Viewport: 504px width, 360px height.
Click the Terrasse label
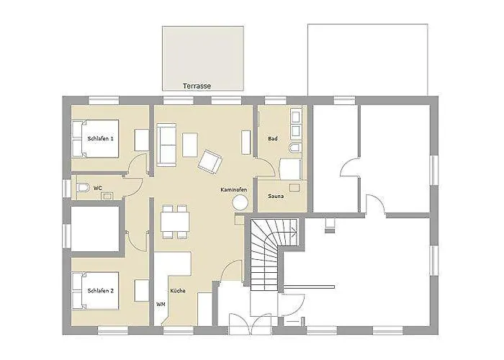pos(197,86)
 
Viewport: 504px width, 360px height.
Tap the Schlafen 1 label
pos(100,138)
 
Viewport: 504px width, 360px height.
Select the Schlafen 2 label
pos(100,291)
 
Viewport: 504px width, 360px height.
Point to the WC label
pos(98,188)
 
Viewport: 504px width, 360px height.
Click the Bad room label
pos(273,138)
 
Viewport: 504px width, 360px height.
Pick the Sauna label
pos(276,196)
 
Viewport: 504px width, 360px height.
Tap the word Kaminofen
pos(234,189)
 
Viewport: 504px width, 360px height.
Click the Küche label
pos(178,291)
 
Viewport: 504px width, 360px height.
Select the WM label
pos(161,304)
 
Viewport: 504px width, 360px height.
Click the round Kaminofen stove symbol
pos(240,203)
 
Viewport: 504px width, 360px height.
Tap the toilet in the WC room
pos(83,187)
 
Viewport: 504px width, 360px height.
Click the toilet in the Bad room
pos(294,148)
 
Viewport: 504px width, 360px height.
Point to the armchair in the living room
pos(210,162)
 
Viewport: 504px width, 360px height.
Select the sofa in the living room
pos(166,145)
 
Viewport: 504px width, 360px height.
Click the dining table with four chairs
pos(175,222)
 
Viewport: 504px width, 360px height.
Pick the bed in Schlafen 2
pos(96,291)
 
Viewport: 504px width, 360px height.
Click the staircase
pos(273,254)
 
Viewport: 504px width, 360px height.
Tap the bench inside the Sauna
pos(294,187)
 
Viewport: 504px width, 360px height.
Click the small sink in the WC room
pos(107,196)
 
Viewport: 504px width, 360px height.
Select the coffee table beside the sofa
pos(190,145)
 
